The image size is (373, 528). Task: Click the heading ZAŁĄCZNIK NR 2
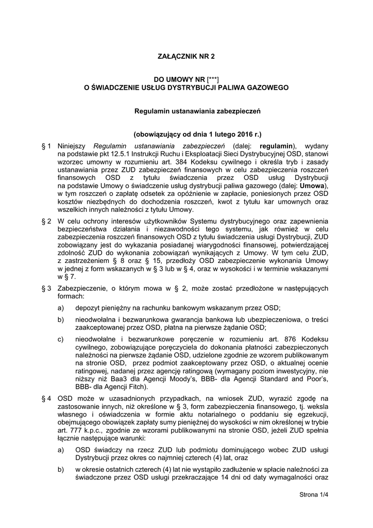coord(186,56)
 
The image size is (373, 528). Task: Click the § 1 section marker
coord(46,146)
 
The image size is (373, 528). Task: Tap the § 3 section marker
coord(46,288)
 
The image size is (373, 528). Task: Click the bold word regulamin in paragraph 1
coord(276,146)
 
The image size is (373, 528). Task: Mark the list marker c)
coord(61,339)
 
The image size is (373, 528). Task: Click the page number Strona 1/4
coord(314,495)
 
